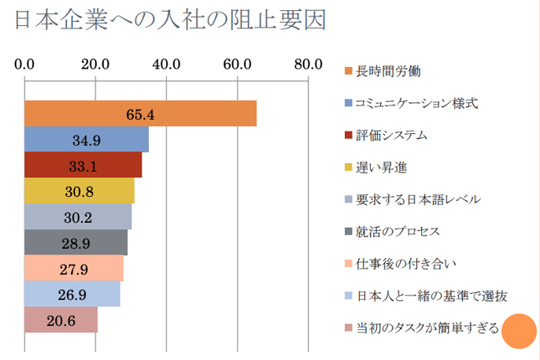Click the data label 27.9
[75, 269]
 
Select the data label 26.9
[72, 295]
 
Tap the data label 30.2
[78, 217]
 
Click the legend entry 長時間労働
[388, 71]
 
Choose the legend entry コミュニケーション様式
[416, 102]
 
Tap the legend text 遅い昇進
[381, 167]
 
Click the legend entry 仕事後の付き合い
[406, 263]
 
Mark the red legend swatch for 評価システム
[348, 135]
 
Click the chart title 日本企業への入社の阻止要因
[169, 20]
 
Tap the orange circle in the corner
[519, 329]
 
